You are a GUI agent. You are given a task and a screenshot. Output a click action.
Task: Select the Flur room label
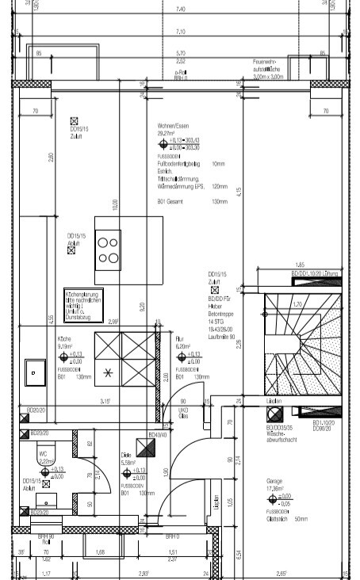point(179,338)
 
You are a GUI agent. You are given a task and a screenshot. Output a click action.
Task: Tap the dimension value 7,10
point(179,32)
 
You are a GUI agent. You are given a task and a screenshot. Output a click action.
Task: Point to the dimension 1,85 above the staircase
point(300,264)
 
